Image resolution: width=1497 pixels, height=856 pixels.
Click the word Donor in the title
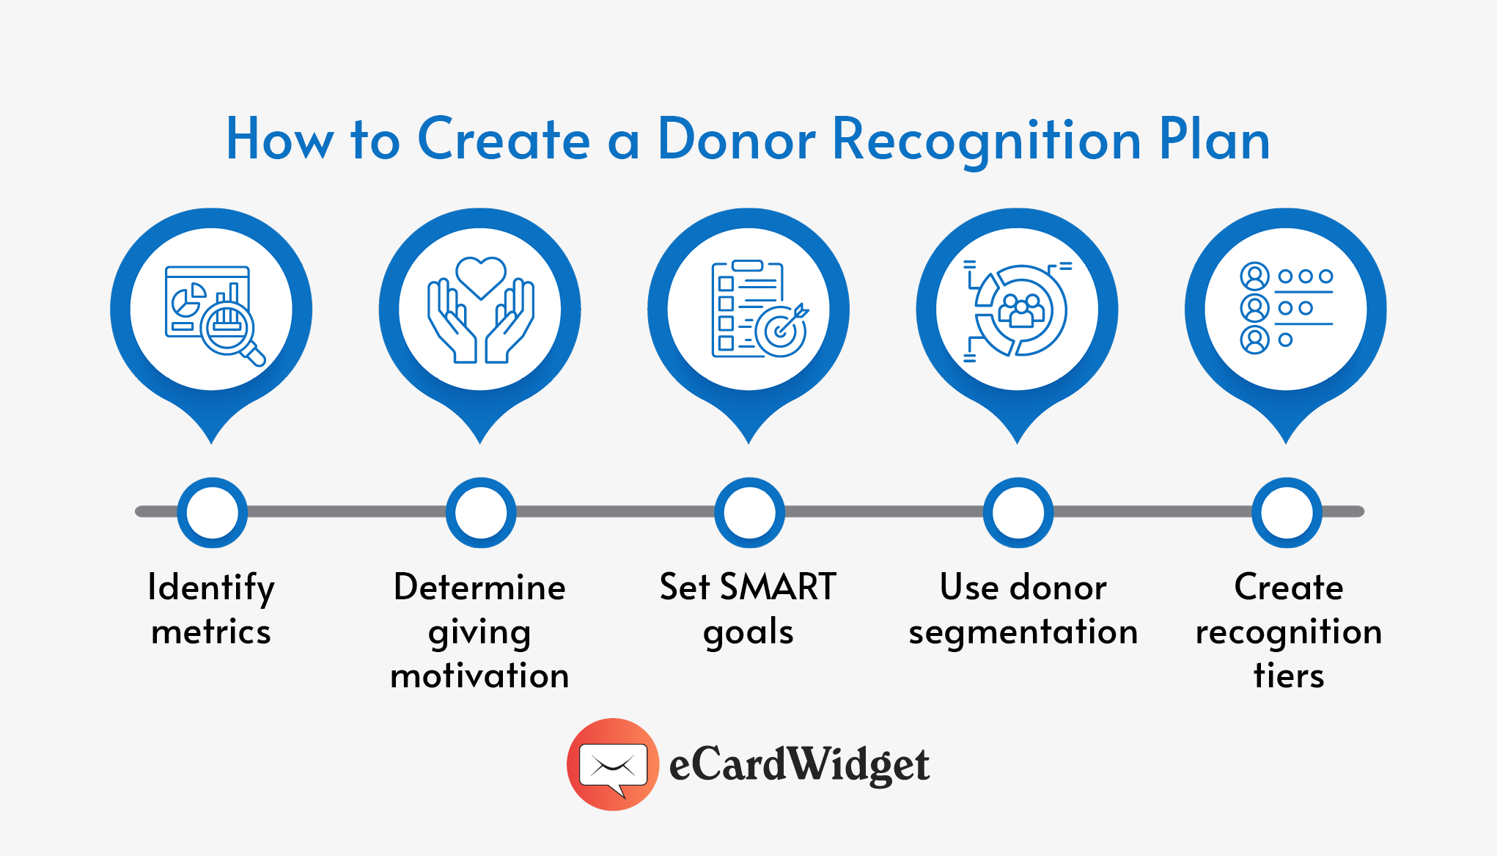coord(736,139)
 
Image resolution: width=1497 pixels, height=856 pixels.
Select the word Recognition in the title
coord(987,141)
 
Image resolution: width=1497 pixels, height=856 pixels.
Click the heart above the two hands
coord(480,276)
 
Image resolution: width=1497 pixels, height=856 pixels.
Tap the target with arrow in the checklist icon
coord(783,330)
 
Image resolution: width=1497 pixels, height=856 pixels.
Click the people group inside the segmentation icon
coord(1021,310)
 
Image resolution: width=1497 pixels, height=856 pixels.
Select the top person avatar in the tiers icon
coord(1254,277)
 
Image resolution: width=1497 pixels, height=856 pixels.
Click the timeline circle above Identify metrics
coord(212,512)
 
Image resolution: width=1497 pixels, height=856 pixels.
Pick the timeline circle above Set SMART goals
coord(749,512)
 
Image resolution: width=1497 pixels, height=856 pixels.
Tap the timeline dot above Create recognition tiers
coord(1287,512)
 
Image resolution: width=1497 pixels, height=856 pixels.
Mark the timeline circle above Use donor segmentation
coord(1018,512)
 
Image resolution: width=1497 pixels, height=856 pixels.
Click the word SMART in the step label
coord(778,587)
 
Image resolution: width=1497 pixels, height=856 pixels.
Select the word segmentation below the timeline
coord(1023,632)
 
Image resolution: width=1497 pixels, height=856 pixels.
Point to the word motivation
coord(479,676)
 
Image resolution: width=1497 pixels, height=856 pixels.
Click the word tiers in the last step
coord(1288,676)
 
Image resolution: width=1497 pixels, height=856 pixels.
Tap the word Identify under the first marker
coord(211,588)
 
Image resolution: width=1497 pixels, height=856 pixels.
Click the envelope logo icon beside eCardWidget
coord(613,764)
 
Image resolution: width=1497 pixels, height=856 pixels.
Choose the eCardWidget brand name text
coord(799,765)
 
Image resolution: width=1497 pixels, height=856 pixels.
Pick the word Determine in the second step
coord(479,587)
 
